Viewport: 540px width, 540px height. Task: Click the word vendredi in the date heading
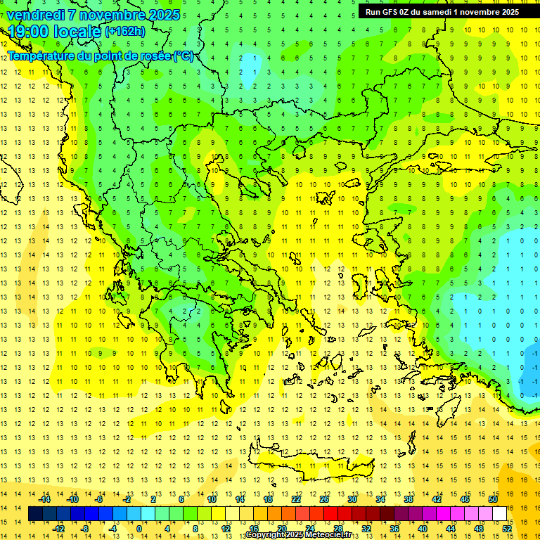[x=39, y=15]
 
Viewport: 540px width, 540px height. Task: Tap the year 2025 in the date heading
[x=160, y=15]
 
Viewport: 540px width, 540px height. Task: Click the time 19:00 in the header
[x=29, y=32]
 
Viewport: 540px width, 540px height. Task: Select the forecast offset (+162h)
[x=125, y=32]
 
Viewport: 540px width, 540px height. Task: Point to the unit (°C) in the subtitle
[x=184, y=56]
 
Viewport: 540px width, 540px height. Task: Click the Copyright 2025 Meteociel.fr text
[x=299, y=535]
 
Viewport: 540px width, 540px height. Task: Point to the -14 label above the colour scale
[x=44, y=499]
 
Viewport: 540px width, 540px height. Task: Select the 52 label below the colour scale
[x=507, y=529]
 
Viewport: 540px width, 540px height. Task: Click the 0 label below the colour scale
[x=139, y=529]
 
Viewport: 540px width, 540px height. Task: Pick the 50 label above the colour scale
[x=493, y=499]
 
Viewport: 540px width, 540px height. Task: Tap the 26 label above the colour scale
[x=324, y=499]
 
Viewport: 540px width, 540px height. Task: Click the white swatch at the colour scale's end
[x=499, y=514]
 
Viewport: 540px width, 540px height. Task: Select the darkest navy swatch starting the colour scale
[x=36, y=514]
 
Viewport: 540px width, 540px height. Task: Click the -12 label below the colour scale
[x=59, y=529]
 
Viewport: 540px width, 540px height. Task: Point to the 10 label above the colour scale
[x=212, y=499]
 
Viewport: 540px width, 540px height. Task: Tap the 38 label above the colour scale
[x=409, y=499]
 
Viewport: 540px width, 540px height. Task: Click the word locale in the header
[x=79, y=32]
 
